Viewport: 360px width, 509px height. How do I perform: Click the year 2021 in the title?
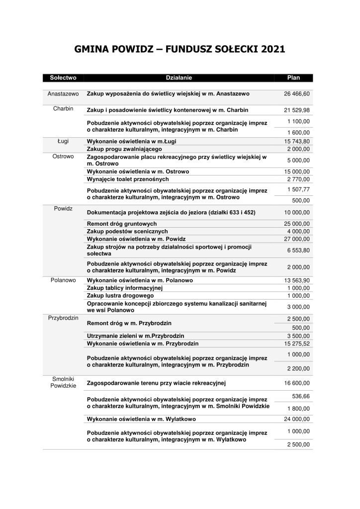[x=271, y=49]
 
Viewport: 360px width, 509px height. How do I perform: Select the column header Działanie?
[x=179, y=78]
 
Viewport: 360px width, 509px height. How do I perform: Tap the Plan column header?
[x=293, y=78]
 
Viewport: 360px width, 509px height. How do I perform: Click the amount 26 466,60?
[x=297, y=93]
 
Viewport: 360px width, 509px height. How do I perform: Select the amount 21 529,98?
[x=297, y=110]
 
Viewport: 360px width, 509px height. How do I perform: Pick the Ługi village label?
[x=63, y=141]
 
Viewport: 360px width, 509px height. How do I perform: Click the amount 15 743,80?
[x=297, y=142]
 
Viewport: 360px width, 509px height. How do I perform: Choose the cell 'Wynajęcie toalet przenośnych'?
[x=128, y=179]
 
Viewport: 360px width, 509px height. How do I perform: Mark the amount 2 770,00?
[x=298, y=179]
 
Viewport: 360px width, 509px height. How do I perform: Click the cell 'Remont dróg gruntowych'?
[x=122, y=224]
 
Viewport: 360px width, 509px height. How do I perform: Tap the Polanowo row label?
[x=63, y=280]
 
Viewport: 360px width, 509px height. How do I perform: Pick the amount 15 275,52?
[x=297, y=343]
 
